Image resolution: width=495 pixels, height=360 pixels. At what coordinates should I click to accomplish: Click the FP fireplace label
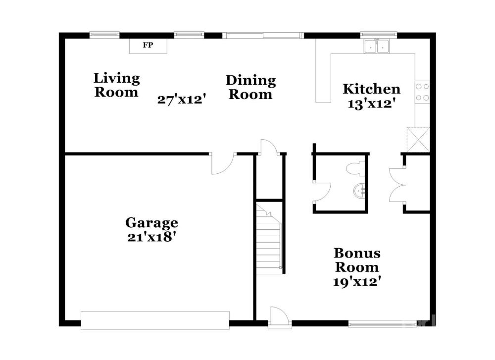[148, 45]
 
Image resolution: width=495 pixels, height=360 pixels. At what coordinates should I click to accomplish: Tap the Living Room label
[116, 85]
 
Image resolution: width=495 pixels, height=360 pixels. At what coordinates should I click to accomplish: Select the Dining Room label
[250, 88]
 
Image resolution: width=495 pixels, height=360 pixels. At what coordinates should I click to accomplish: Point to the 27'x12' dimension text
[182, 100]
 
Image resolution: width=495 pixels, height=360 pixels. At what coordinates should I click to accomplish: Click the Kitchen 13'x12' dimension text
[372, 103]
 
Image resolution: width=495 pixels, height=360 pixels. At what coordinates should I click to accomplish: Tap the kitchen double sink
[376, 46]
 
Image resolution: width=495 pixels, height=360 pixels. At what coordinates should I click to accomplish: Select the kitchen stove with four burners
[422, 92]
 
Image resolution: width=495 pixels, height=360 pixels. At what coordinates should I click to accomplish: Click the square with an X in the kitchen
[418, 140]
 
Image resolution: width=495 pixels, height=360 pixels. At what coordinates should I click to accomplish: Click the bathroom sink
[359, 191]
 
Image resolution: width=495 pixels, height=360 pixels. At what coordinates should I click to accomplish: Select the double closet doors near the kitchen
[397, 185]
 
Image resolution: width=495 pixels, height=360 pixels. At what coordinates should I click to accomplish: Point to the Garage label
[152, 223]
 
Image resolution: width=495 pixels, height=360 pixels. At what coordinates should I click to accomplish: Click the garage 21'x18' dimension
[151, 237]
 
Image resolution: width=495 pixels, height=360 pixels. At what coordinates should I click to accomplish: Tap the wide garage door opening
[155, 320]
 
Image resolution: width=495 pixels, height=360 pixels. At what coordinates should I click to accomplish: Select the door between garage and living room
[223, 163]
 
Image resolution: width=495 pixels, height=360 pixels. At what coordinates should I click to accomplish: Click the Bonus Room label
[357, 260]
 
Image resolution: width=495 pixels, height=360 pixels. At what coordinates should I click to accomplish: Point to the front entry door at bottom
[280, 316]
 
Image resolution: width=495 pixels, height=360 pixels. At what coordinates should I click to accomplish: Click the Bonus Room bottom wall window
[382, 323]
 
